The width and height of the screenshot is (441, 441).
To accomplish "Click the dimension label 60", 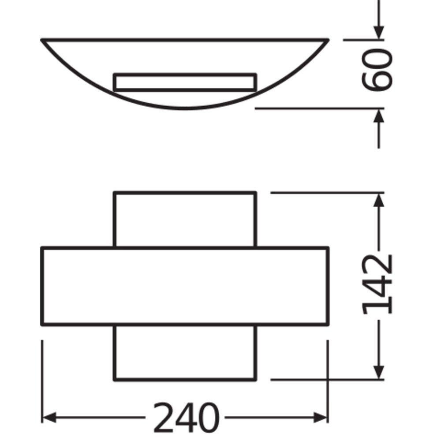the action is point(377,70).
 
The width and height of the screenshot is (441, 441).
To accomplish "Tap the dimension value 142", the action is point(377,284).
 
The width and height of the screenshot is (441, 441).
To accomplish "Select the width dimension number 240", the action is point(186,418).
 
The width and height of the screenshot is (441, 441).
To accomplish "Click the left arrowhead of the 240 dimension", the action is point(49,418).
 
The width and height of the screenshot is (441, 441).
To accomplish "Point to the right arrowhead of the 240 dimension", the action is point(321,418).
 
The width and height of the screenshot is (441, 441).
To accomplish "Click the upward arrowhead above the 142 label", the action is point(379,200).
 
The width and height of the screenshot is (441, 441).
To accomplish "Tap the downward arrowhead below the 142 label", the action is point(379,372).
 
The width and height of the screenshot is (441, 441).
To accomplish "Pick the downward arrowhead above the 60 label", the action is point(379,33).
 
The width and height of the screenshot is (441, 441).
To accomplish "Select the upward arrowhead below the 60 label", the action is point(379,116).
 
